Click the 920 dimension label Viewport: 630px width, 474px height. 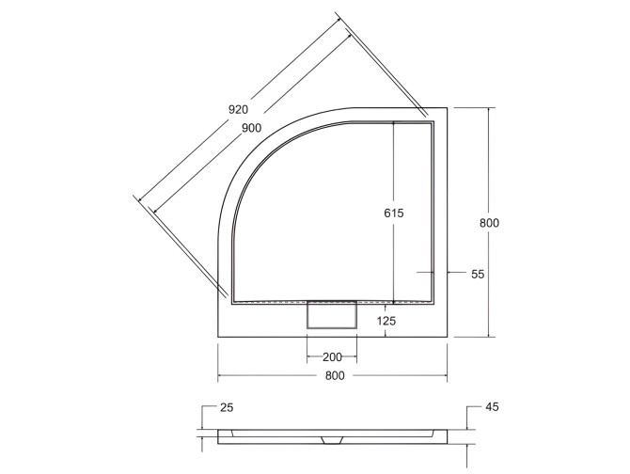(241, 109)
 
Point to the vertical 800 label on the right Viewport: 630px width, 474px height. (489, 223)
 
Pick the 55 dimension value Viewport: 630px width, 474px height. (477, 274)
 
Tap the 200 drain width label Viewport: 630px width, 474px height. (332, 357)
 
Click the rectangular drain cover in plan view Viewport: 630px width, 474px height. (332, 313)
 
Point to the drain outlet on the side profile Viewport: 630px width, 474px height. (333, 440)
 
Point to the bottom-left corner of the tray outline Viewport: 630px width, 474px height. (218, 337)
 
